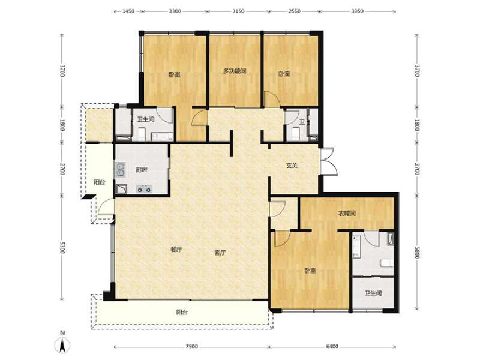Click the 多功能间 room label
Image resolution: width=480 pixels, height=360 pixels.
tap(235, 71)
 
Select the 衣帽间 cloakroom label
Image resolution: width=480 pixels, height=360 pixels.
tap(347, 214)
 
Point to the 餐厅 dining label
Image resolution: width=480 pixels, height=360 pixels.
tap(176, 250)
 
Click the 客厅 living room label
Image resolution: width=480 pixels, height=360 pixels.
tap(220, 253)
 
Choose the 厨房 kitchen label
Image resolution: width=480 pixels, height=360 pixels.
tap(142, 170)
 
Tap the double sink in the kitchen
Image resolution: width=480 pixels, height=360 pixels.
tap(121, 170)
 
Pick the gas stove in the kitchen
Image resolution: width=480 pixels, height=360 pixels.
tap(143, 190)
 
